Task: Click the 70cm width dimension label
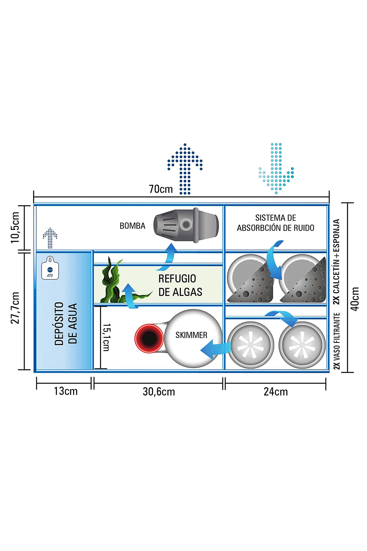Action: (161, 189)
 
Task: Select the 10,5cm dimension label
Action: (15, 227)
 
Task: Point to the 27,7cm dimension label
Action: (15, 308)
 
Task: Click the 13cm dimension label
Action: (66, 391)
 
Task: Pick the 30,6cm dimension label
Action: (159, 392)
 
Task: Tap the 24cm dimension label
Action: (276, 392)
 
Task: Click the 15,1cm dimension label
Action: (106, 337)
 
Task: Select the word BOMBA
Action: (132, 226)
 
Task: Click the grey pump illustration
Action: (186, 225)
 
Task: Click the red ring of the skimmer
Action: (149, 338)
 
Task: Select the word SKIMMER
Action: (191, 335)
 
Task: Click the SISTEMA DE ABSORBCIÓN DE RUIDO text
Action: (276, 223)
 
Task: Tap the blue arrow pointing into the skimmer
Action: (215, 349)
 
